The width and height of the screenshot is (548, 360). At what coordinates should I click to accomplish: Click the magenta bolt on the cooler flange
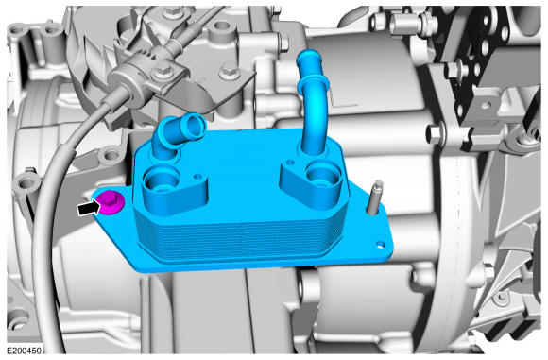point(111,202)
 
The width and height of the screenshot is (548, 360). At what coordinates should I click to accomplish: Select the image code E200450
point(25,351)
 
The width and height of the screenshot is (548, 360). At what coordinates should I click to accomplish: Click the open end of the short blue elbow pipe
point(194,126)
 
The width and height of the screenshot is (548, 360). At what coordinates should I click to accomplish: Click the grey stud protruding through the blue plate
point(374,197)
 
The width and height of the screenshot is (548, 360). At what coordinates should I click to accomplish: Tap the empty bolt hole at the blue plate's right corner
point(381,245)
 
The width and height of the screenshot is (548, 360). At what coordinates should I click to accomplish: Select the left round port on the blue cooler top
point(160,180)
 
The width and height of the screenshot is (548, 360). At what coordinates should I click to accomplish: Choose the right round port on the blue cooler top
point(322,176)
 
